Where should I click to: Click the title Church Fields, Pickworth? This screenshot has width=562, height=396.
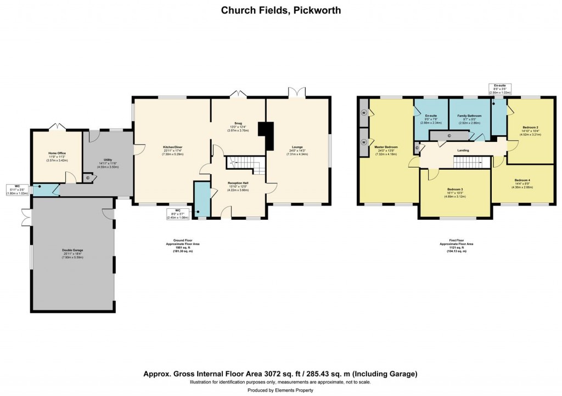pyautogui.click(x=280, y=10)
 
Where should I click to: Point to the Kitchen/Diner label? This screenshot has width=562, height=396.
pyautogui.click(x=172, y=147)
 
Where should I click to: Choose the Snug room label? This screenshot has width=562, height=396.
pyautogui.click(x=239, y=124)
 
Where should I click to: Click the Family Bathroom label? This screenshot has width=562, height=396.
pyautogui.click(x=469, y=116)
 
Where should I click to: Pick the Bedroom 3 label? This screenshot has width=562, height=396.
pyautogui.click(x=454, y=189)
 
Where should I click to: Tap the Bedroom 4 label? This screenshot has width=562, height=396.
pyautogui.click(x=522, y=181)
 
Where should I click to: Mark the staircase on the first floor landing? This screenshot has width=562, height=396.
pyautogui.click(x=471, y=162)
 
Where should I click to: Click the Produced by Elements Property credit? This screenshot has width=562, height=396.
pyautogui.click(x=280, y=390)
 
